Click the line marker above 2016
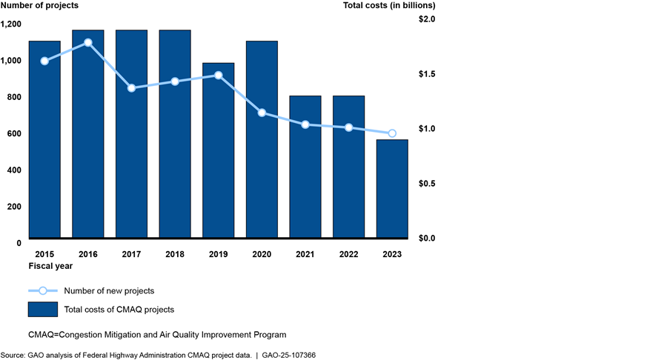[x=88, y=42]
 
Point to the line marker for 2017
[x=131, y=88]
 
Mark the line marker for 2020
[x=262, y=113]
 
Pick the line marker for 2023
[x=392, y=133]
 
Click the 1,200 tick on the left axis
[x=13, y=24]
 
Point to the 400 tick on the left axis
[x=16, y=170]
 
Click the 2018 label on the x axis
[x=175, y=254]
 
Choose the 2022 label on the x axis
[x=348, y=254]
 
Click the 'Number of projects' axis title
[x=40, y=6]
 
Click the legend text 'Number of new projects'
[x=109, y=290]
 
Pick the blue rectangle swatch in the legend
[x=43, y=309]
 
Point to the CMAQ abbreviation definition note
[x=157, y=335]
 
